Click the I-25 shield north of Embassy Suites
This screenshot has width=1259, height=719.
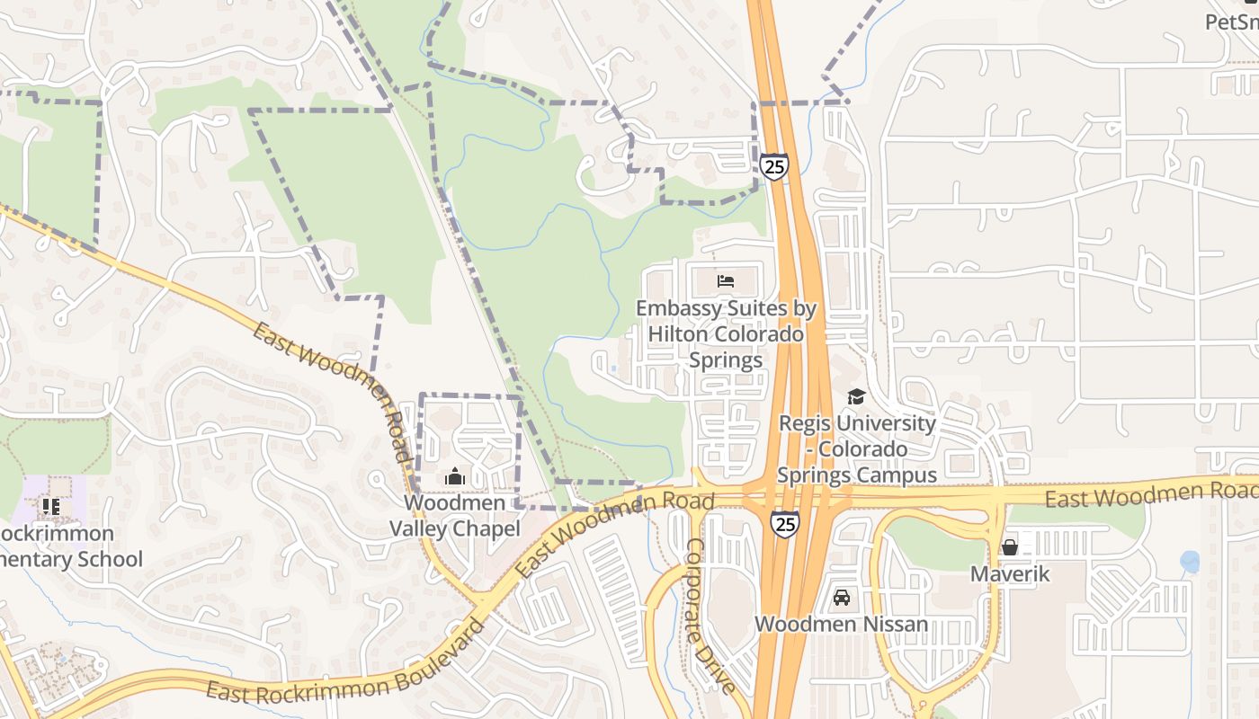pos(773,166)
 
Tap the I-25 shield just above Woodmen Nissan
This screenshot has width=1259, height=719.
pos(785,523)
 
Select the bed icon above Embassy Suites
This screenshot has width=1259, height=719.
pos(726,281)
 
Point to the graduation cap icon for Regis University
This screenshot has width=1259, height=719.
pos(856,396)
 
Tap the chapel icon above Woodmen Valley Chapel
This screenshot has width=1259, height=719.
pos(455,476)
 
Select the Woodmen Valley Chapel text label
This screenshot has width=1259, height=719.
pos(454,516)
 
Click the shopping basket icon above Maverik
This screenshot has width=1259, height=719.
pos(1010,546)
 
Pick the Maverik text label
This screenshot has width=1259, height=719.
pos(1010,573)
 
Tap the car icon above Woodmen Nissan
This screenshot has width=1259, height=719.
pos(842,597)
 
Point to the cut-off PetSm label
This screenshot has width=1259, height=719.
pos(1232,22)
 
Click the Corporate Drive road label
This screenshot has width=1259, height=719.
pos(710,616)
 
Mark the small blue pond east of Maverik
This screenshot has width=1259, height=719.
pos(1190,562)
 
